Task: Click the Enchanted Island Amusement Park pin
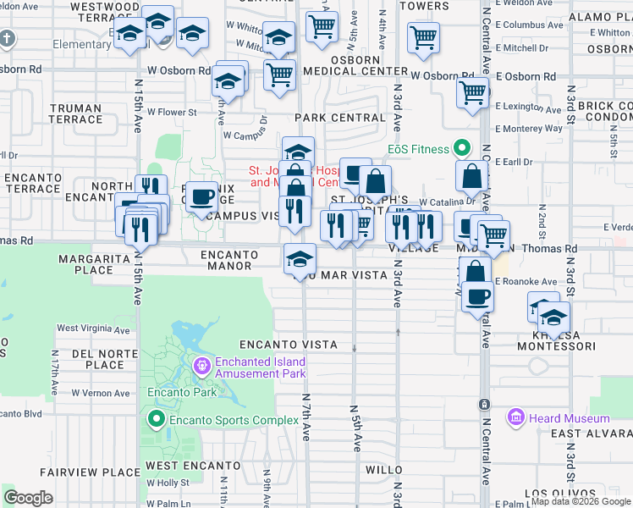(201, 367)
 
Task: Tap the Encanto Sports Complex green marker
(156, 419)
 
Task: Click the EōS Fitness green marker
(460, 149)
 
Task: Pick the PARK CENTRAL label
(340, 118)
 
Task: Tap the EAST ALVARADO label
(591, 433)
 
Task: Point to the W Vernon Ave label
(101, 393)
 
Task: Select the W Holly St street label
(167, 483)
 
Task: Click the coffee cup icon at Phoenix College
(201, 197)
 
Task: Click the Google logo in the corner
(28, 498)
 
